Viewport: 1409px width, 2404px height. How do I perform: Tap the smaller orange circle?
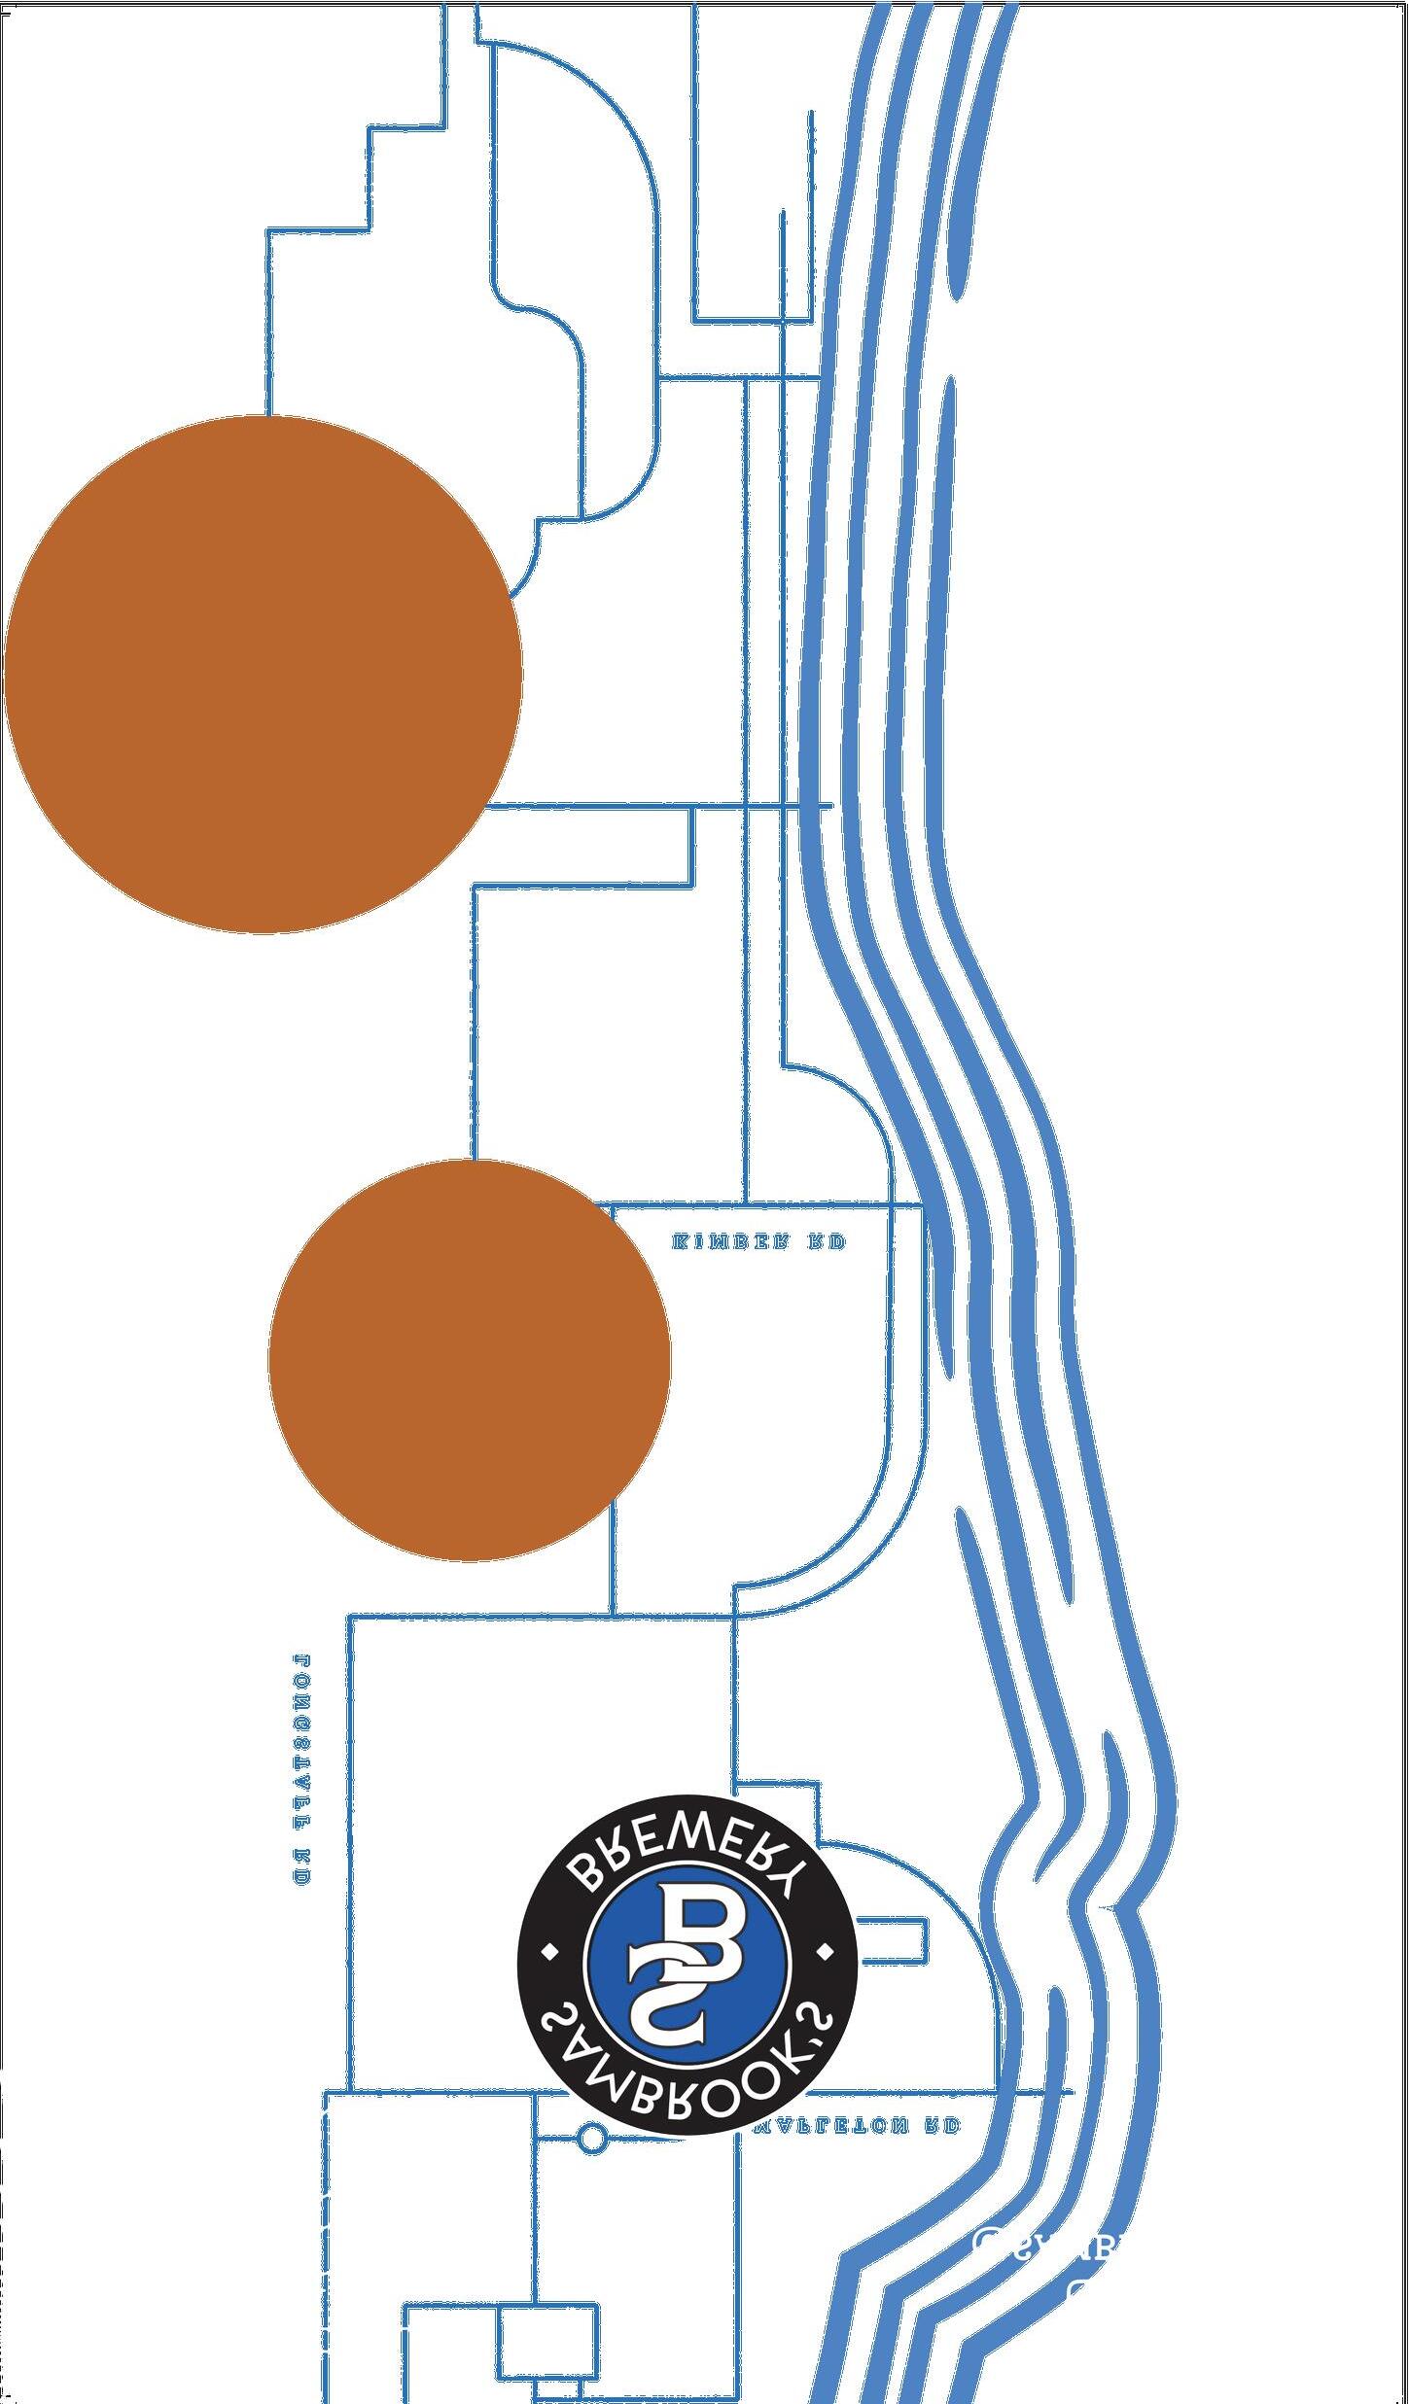pyautogui.click(x=470, y=1360)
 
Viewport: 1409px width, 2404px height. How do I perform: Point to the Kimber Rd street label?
pyautogui.click(x=758, y=1241)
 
